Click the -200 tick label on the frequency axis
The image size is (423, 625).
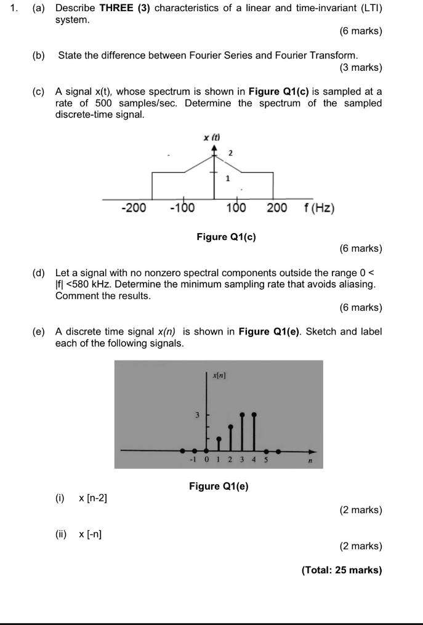[134, 208]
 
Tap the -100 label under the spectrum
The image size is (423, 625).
[182, 208]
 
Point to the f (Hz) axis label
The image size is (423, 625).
[319, 208]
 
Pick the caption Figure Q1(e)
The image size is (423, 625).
[219, 487]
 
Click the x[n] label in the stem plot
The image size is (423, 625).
[219, 375]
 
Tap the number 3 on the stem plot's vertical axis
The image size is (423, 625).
[197, 415]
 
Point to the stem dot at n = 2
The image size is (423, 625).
[230, 426]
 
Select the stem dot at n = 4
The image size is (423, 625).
[254, 415]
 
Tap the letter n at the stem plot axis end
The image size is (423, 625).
[311, 460]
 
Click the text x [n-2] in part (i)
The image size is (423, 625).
[93, 498]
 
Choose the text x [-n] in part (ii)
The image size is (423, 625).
[91, 534]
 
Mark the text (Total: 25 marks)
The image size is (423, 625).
[342, 570]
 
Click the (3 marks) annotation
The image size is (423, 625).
[361, 67]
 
